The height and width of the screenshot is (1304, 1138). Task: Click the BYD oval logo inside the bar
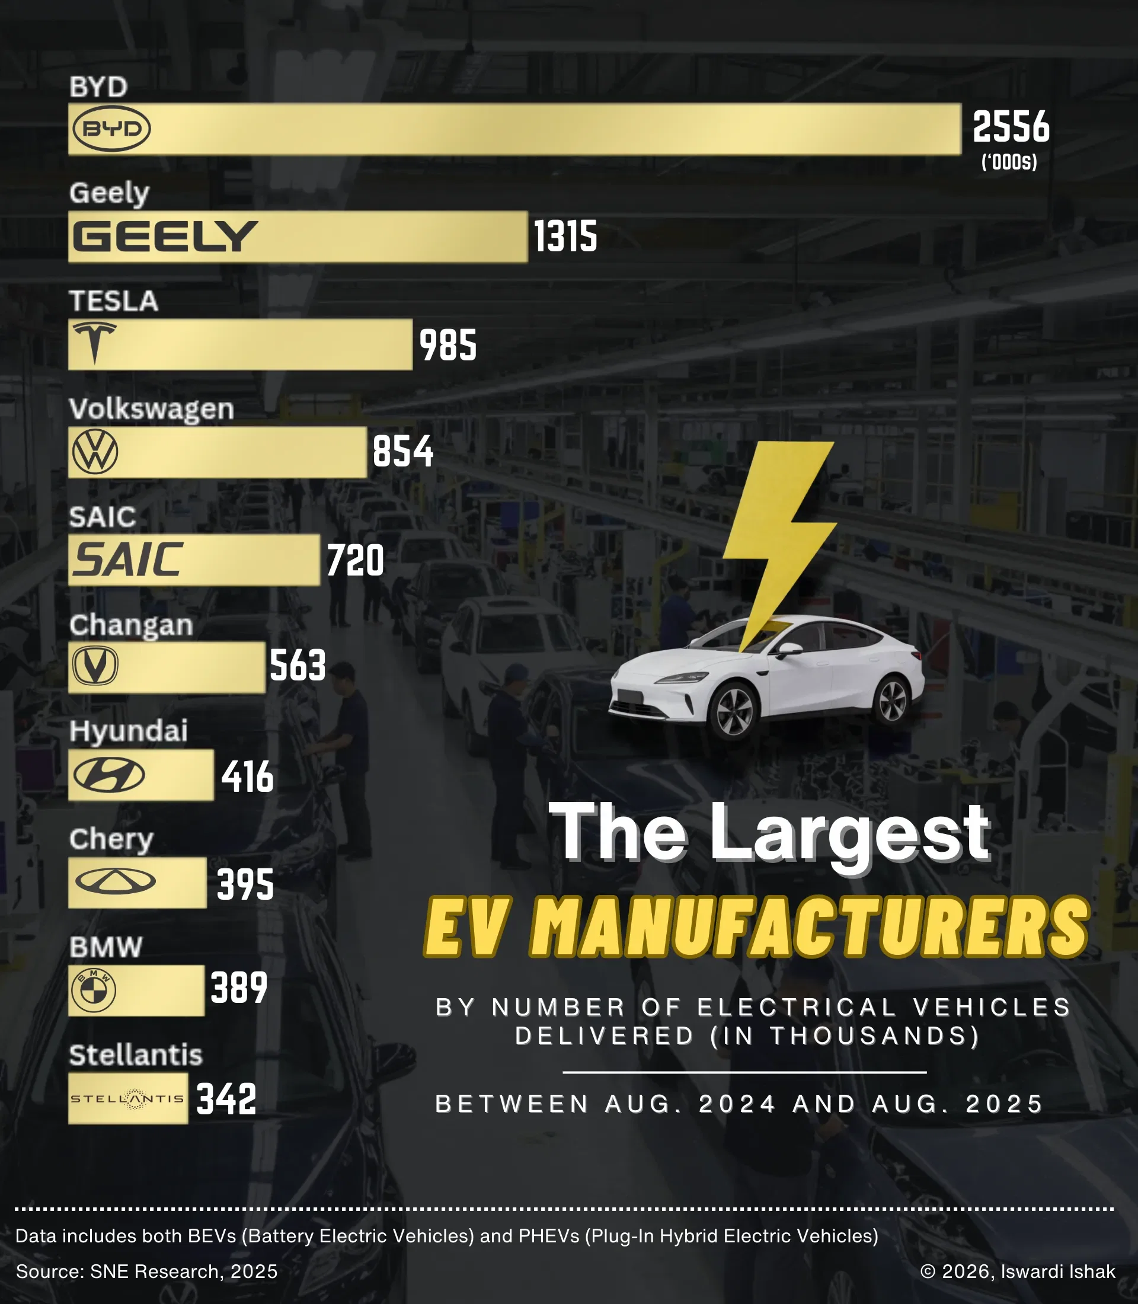[x=112, y=129]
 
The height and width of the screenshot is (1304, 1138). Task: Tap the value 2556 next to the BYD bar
[x=1011, y=126]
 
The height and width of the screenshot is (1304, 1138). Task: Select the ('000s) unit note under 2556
[x=1009, y=162]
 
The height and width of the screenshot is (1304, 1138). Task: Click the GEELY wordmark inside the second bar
[x=165, y=236]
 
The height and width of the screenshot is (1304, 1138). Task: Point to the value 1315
[x=565, y=236]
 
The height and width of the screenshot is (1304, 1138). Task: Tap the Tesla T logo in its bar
[x=95, y=343]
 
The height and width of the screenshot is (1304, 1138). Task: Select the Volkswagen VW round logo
[x=95, y=452]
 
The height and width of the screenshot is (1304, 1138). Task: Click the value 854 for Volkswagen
[x=402, y=452]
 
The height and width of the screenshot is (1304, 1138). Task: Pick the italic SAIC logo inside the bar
[x=127, y=560]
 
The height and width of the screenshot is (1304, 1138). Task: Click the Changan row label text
[x=131, y=625]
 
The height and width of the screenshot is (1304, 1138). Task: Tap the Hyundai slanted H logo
[x=108, y=775]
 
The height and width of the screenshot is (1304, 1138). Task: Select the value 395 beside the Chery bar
[x=245, y=884]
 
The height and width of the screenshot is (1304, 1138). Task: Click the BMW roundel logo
[x=94, y=990]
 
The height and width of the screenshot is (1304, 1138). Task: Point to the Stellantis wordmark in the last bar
[x=127, y=1099]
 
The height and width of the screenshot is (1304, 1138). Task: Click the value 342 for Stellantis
[x=226, y=1099]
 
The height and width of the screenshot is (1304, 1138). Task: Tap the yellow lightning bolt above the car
[x=778, y=527]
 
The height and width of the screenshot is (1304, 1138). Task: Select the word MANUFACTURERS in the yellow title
[x=810, y=928]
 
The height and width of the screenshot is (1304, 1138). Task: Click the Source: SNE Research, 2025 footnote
[x=147, y=1271]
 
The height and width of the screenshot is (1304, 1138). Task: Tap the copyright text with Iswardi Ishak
[x=1017, y=1271]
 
